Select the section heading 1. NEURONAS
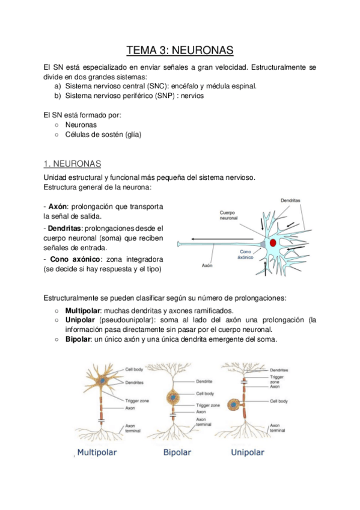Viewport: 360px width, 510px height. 73,164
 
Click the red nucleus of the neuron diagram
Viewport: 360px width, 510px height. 273,242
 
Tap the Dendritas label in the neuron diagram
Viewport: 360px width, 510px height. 291,200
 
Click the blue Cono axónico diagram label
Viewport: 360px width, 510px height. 246,254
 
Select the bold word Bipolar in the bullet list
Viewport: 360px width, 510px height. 79,339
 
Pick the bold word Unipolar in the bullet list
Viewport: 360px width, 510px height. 81,320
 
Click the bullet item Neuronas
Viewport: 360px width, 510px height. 81,124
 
